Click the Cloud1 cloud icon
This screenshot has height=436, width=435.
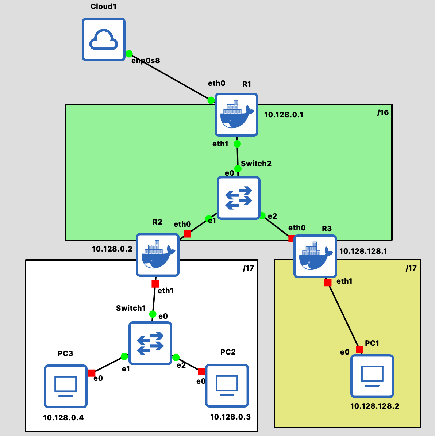tap(103, 39)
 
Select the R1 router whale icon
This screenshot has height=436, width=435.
tap(236, 115)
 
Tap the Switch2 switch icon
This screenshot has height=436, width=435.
tap(239, 198)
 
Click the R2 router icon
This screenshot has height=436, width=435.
tap(158, 255)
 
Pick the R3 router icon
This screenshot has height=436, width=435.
tap(315, 256)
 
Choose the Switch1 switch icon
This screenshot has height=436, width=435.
tap(150, 343)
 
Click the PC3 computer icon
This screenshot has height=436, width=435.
tap(66, 386)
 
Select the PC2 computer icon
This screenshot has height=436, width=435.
tap(227, 386)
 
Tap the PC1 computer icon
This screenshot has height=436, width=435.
tap(372, 376)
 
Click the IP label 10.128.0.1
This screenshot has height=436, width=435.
tap(284, 115)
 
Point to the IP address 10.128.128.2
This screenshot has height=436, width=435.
tap(375, 406)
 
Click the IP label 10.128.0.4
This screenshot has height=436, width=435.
tap(63, 418)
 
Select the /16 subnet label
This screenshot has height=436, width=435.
tap(383, 112)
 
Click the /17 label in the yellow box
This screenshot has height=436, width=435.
tap(411, 268)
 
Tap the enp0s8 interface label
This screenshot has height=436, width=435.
tap(146, 61)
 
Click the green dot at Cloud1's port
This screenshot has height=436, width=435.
tap(129, 54)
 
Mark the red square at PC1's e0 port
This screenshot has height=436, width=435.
tap(360, 349)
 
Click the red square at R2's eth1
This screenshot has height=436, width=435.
tap(155, 284)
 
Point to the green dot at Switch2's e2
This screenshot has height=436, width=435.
tap(262, 215)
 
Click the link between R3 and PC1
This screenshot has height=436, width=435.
tap(344, 316)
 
